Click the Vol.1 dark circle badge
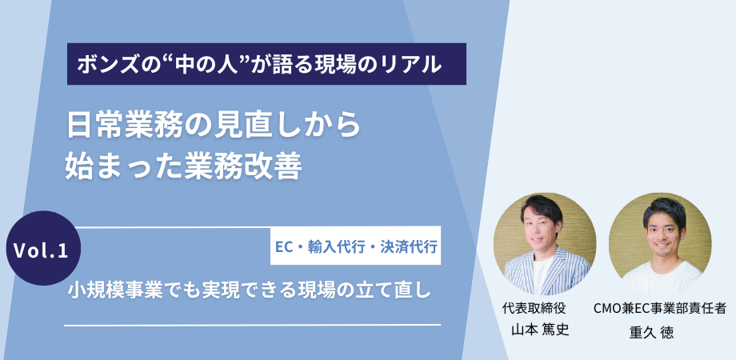pos(43,248)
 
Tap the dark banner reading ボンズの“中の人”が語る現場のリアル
pos(266,64)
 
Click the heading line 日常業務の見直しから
pos(214,126)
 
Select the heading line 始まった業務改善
pos(183,166)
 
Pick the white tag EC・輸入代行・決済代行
pos(355,246)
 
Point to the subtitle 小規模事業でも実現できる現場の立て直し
pos(250,291)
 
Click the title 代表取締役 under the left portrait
pos(534,308)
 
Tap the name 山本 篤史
pos(540,330)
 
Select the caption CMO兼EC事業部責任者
pos(660,308)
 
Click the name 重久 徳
pos(651,333)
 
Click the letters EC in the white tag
pos(282,246)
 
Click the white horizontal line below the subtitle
pos(253,325)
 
